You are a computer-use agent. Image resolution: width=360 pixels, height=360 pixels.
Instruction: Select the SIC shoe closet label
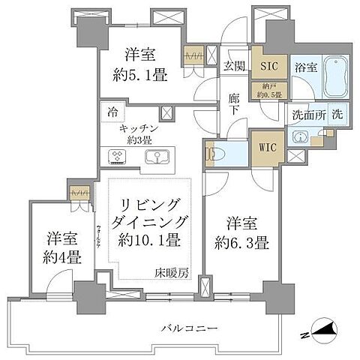point(268,66)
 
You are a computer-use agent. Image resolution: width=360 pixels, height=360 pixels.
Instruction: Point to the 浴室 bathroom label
point(304,66)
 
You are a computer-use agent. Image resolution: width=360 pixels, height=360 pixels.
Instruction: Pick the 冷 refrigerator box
point(111,112)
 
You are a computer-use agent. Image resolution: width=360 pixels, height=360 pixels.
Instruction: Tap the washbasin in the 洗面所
point(301,137)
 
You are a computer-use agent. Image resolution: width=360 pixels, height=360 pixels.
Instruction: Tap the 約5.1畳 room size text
point(141,75)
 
